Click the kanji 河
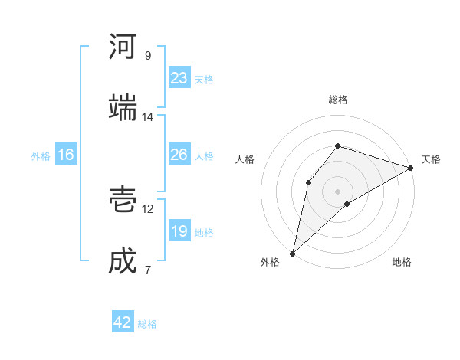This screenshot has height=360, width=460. click(123, 47)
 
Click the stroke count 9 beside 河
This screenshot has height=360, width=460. click(148, 56)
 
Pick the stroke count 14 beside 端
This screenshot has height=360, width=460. click(148, 117)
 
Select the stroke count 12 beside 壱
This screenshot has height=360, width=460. click(148, 208)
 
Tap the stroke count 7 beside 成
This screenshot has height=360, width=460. click(148, 270)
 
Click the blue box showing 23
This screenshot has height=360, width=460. click(179, 77)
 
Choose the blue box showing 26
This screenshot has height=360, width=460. click(179, 155)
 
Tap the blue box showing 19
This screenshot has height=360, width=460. click(179, 231)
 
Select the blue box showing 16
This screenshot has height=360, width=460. click(66, 155)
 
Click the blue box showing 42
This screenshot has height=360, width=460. click(123, 322)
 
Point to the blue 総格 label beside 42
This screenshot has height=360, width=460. click(147, 324)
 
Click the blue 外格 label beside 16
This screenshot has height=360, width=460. click(41, 156)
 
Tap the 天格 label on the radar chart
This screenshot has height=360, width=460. click(431, 159)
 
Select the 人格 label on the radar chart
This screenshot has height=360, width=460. click(245, 159)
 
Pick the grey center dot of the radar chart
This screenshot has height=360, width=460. click(338, 191)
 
